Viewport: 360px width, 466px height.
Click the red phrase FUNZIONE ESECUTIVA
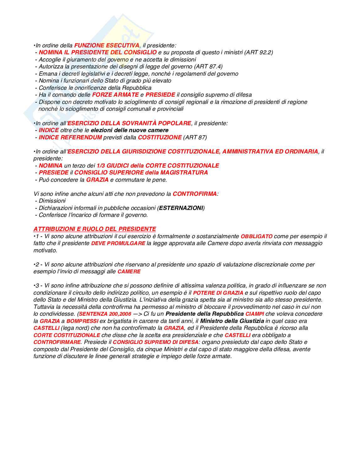(x=107, y=46)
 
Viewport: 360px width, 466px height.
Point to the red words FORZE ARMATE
(x=115, y=95)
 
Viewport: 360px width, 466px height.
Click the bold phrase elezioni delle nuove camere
(x=130, y=130)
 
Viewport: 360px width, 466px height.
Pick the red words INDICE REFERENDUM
(x=70, y=137)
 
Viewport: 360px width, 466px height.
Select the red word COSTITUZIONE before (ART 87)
(x=160, y=137)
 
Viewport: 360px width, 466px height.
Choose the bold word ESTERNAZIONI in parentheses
(x=181, y=208)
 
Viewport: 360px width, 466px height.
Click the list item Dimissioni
(x=52, y=201)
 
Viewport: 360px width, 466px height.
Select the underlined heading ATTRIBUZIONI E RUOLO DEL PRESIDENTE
(x=95, y=229)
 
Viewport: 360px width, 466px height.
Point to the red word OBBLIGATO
(x=257, y=236)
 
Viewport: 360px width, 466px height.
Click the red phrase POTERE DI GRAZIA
(x=218, y=293)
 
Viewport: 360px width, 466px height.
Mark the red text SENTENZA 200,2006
(x=105, y=314)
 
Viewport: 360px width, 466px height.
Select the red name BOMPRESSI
(x=82, y=321)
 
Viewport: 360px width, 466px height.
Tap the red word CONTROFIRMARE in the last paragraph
(x=57, y=342)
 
